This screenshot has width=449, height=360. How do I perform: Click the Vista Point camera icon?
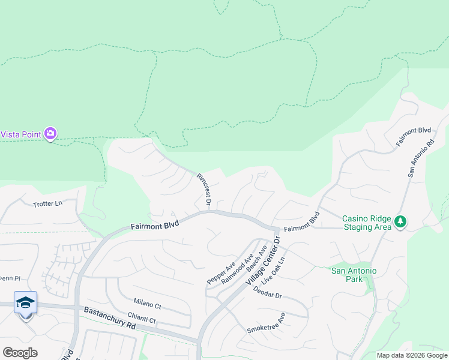point(50,134)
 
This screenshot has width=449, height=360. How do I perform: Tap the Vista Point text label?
point(20,134)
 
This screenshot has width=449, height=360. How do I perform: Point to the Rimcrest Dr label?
point(203,190)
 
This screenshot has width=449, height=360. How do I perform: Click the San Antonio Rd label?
point(421,159)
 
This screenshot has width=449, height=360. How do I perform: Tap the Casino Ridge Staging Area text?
point(366,223)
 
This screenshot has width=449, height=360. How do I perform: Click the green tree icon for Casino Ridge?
point(400,223)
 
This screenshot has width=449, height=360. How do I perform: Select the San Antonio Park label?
point(354,275)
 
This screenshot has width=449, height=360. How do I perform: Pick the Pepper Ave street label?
point(221,273)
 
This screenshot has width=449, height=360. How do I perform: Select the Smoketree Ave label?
point(266,323)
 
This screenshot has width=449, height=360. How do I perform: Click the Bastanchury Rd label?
point(110,317)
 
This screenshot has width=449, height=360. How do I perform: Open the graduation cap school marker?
point(26,303)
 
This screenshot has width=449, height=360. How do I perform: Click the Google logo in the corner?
point(20,353)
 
